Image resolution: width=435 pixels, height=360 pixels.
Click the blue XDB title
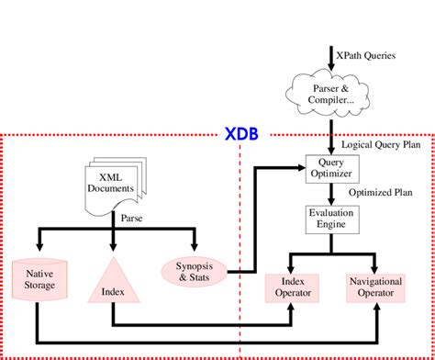tap(241, 135)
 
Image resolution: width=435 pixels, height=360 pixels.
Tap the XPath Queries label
tap(367, 56)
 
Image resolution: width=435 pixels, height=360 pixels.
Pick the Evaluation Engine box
tap(329, 220)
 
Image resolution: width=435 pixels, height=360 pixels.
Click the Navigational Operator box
tap(377, 286)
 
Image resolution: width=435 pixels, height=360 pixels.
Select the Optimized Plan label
tap(376, 194)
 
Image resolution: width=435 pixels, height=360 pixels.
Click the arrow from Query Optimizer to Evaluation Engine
tap(329, 194)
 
